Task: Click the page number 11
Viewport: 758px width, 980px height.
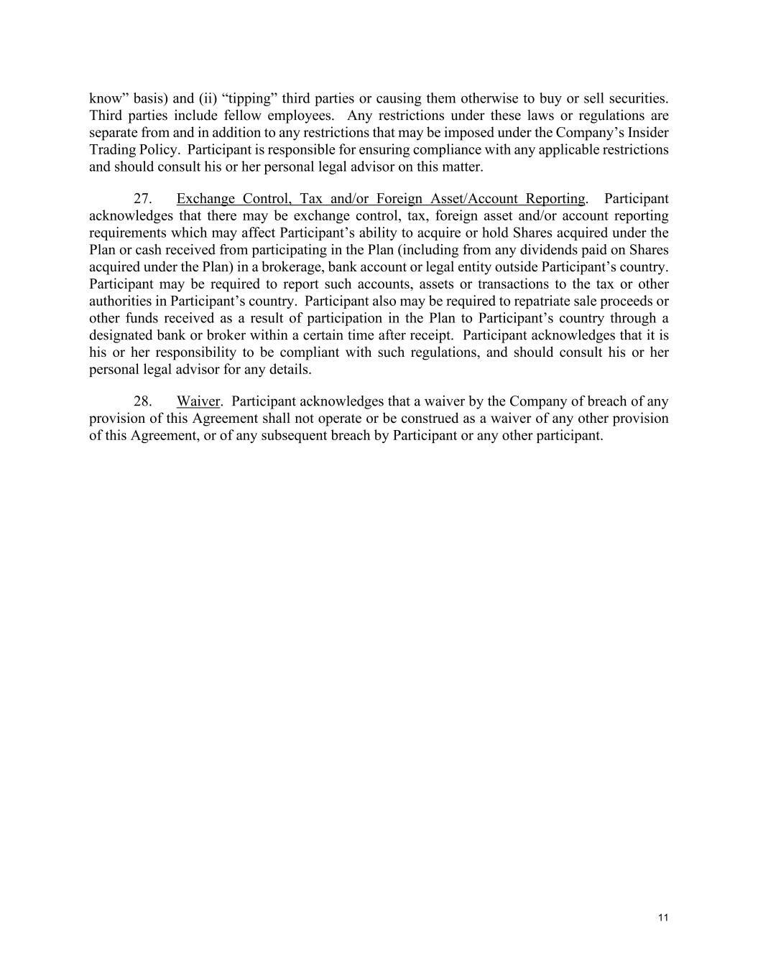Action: (x=663, y=918)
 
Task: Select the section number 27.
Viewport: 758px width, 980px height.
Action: (x=142, y=199)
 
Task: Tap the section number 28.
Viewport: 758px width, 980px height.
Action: (x=142, y=401)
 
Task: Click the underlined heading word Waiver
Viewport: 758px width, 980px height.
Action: (x=198, y=401)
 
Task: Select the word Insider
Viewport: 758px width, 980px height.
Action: (x=647, y=133)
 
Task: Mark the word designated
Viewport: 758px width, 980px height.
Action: (x=121, y=335)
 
